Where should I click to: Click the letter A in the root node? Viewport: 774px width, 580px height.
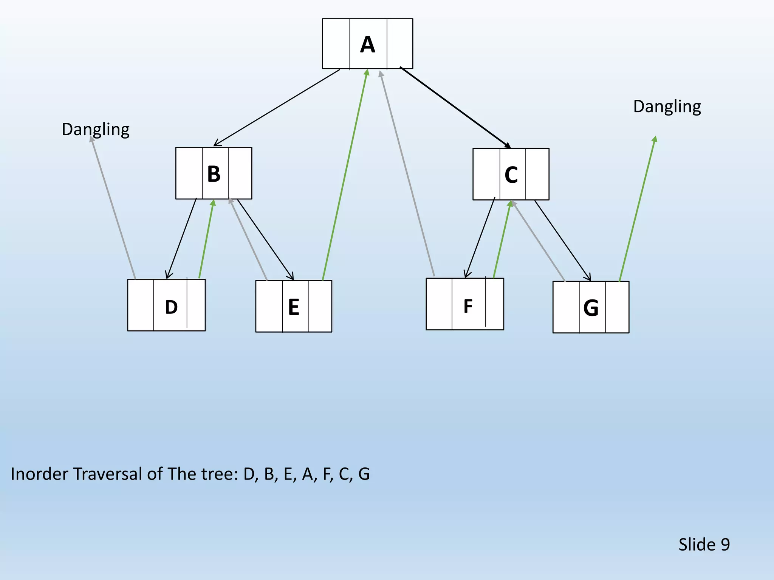pyautogui.click(x=367, y=45)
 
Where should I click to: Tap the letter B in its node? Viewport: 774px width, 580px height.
pyautogui.click(x=214, y=174)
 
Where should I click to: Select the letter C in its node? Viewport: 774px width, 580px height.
pyautogui.click(x=511, y=175)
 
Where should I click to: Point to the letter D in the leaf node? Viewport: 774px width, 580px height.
pyautogui.click(x=171, y=307)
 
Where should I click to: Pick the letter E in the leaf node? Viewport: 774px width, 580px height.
pyautogui.click(x=294, y=307)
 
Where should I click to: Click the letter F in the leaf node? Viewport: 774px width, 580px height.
pyautogui.click(x=468, y=306)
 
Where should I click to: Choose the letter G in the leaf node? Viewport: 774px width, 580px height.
pyautogui.click(x=591, y=308)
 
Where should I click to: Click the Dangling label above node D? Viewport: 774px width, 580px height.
pyautogui.click(x=96, y=130)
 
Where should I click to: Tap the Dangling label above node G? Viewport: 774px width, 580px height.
pyautogui.click(x=667, y=106)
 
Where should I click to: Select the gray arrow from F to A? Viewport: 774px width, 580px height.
pyautogui.click(x=407, y=174)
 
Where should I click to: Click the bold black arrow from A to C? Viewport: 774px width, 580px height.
pyautogui.click(x=455, y=107)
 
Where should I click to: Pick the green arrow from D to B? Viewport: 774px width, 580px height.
pyautogui.click(x=206, y=239)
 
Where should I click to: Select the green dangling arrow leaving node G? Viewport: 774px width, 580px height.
pyautogui.click(x=637, y=209)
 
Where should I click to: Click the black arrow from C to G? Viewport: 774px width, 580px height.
pyautogui.click(x=562, y=241)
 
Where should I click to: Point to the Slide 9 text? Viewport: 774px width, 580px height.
pyautogui.click(x=704, y=545)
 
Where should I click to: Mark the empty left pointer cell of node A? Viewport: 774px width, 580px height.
pyautogui.click(x=336, y=44)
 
